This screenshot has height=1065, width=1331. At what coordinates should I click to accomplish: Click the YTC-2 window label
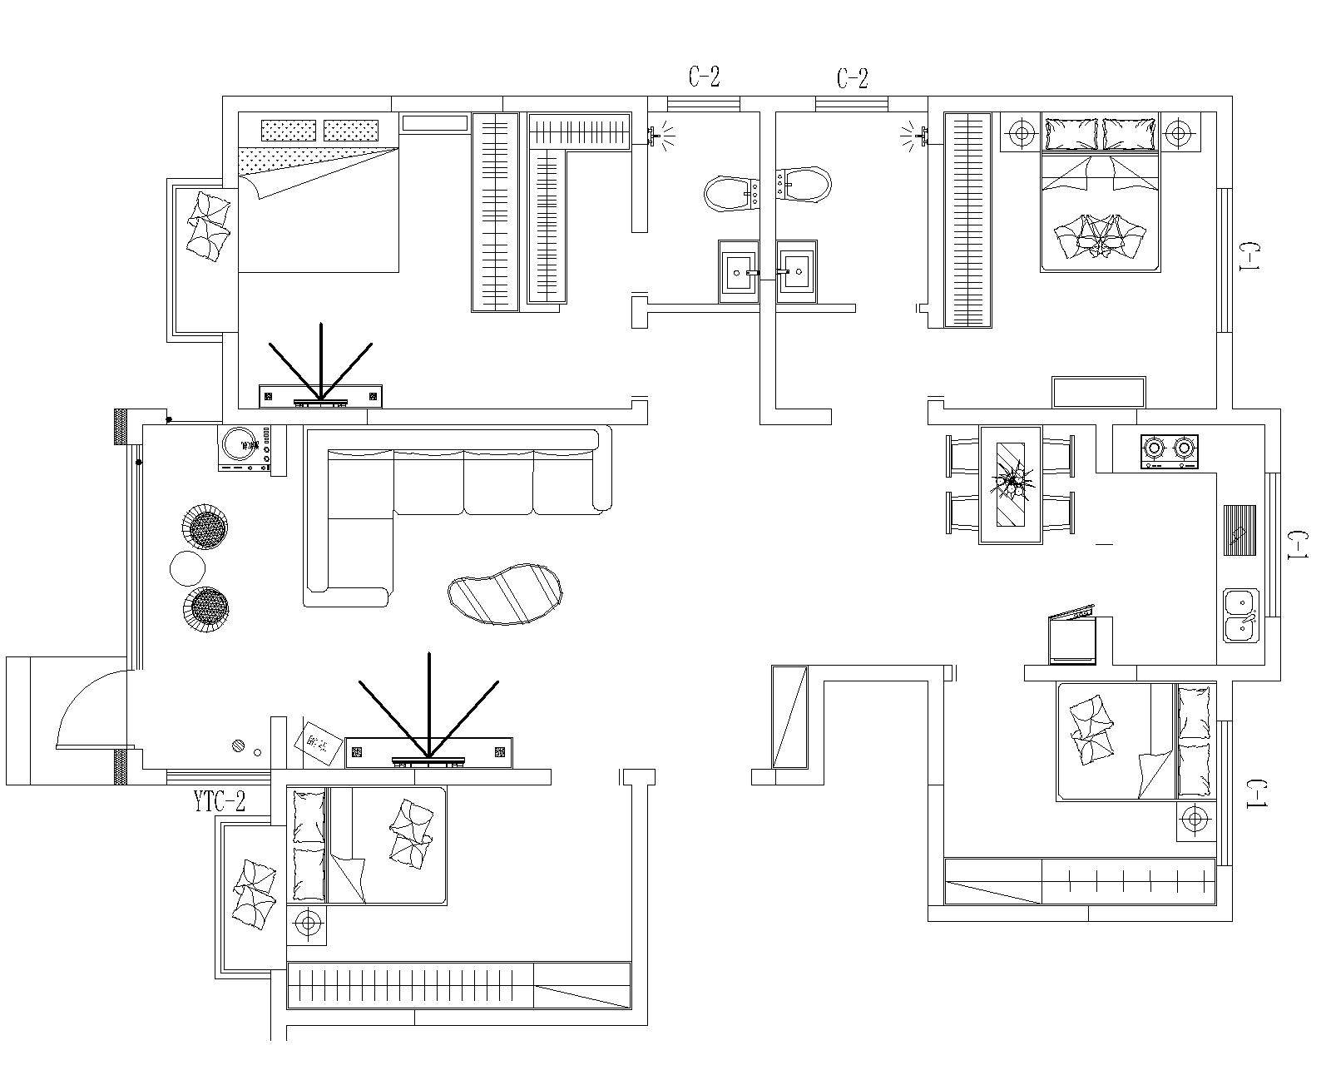click(220, 802)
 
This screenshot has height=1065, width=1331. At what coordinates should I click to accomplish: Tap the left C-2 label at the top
click(704, 77)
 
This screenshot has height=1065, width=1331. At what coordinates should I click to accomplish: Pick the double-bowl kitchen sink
click(1241, 615)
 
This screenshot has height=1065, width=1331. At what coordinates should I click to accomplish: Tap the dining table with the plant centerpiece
click(1011, 484)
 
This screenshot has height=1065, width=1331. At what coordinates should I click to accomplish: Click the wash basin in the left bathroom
click(739, 271)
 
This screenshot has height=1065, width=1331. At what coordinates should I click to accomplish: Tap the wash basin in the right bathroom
click(797, 271)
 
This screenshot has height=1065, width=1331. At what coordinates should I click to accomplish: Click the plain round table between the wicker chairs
click(187, 568)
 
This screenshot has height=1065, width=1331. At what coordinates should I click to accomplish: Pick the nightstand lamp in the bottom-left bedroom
click(308, 924)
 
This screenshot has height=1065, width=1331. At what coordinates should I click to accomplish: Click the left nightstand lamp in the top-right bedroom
click(1022, 131)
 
